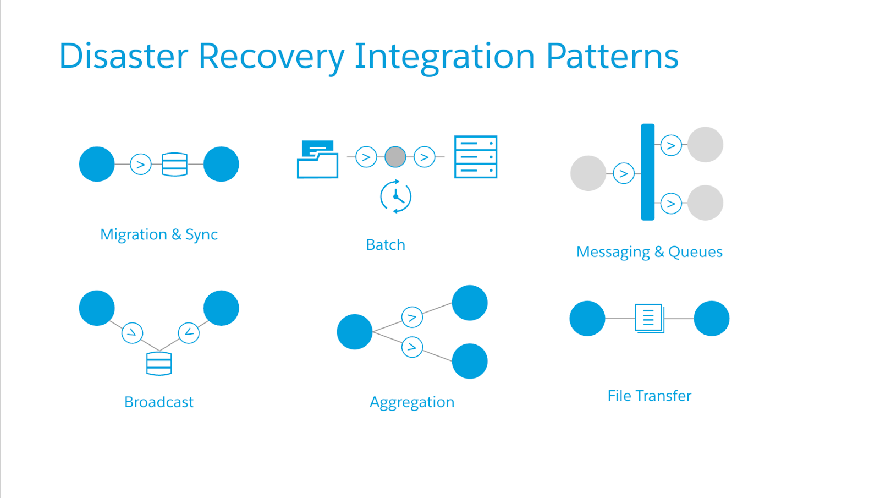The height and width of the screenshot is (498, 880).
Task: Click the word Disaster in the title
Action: click(x=123, y=56)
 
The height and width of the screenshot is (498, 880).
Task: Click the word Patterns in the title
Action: click(x=612, y=56)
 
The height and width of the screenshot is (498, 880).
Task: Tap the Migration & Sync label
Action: click(x=159, y=234)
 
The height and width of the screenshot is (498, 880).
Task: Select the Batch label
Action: click(x=386, y=245)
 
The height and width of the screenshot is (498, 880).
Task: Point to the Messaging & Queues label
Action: click(x=649, y=252)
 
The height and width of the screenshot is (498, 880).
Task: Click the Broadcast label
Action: click(x=159, y=402)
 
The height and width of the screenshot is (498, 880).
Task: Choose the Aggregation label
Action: click(x=412, y=402)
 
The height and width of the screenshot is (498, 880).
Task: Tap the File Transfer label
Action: click(x=649, y=396)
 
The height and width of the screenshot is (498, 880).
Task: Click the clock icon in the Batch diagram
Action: click(x=395, y=196)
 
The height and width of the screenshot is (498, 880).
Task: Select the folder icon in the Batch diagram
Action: click(x=317, y=160)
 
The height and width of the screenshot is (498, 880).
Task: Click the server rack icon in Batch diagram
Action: click(x=476, y=157)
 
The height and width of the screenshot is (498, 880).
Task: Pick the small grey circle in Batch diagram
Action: click(x=395, y=157)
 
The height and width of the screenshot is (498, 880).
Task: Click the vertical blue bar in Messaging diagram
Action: click(x=648, y=172)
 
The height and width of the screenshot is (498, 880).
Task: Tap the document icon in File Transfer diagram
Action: click(x=649, y=318)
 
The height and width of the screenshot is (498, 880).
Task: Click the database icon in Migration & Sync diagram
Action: click(x=175, y=164)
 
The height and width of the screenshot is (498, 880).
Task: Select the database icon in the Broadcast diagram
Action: click(x=159, y=364)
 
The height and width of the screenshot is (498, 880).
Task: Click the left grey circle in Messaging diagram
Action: click(x=588, y=173)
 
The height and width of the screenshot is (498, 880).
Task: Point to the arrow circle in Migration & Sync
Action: click(x=141, y=164)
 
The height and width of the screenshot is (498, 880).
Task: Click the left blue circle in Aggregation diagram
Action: click(x=355, y=332)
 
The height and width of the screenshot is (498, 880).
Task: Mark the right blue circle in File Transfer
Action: click(x=711, y=318)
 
